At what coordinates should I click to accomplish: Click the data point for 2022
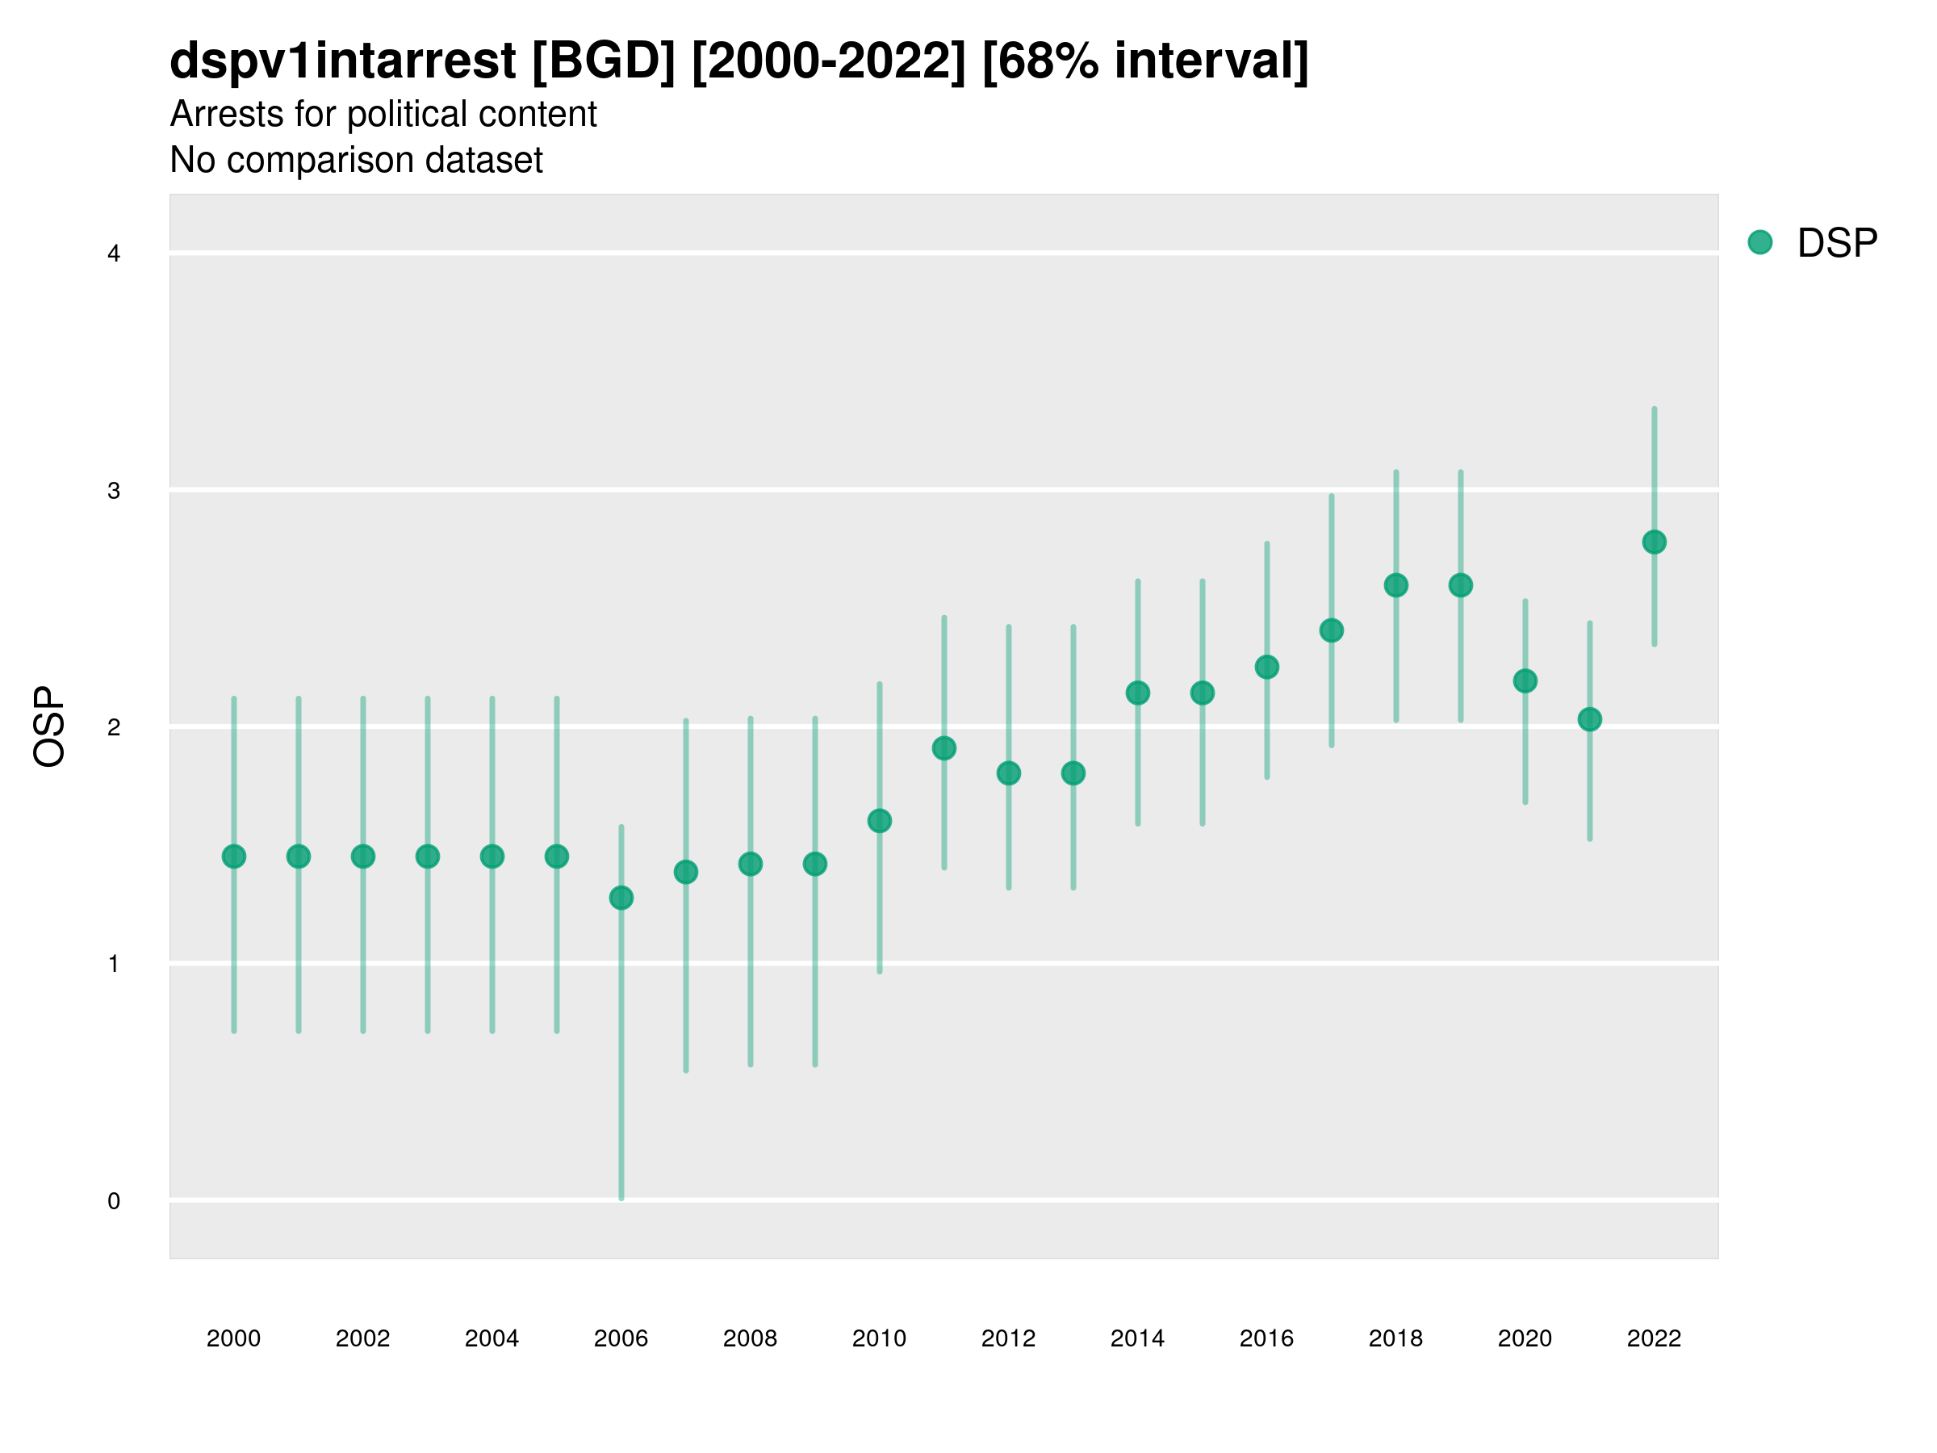tap(1655, 542)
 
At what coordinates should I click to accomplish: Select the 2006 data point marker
tap(621, 898)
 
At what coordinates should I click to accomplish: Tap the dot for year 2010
tap(879, 821)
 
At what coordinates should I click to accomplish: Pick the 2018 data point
tap(1395, 585)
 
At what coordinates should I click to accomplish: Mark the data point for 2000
tap(234, 856)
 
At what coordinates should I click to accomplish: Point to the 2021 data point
tap(1589, 719)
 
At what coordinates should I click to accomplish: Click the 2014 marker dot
tap(1137, 693)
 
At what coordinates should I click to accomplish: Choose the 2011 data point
tap(944, 748)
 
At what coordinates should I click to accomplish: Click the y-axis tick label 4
tap(114, 254)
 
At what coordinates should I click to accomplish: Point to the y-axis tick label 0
tap(114, 1201)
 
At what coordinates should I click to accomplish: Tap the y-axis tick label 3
tap(114, 491)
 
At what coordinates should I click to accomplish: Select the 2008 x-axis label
tap(750, 1338)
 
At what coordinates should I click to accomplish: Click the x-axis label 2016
tap(1266, 1338)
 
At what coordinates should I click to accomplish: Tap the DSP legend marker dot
tap(1759, 243)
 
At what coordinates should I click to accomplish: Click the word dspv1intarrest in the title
tap(342, 61)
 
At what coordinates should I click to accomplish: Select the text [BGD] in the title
tap(604, 61)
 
